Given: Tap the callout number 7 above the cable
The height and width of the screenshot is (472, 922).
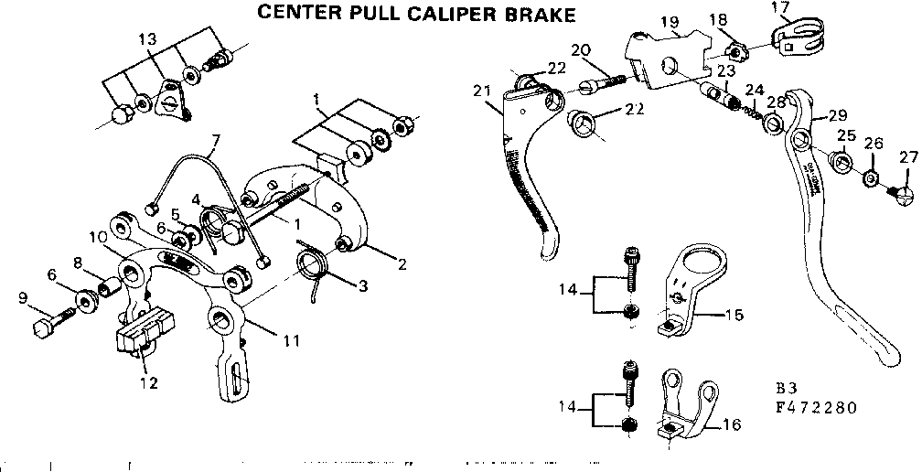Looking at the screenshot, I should [216, 142].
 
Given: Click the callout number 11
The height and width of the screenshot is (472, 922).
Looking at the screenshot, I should [291, 341].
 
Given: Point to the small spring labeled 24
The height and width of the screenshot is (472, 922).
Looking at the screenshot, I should [747, 109].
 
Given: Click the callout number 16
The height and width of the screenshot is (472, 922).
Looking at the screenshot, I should [731, 425].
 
